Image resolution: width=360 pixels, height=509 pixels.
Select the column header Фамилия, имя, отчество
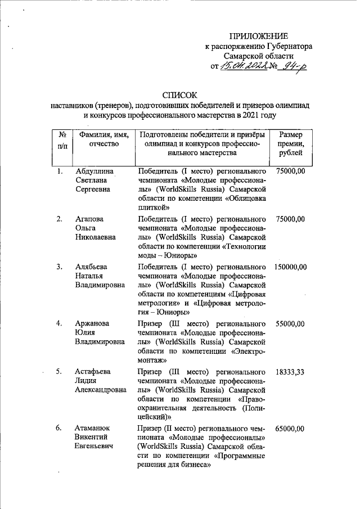pos(104,139)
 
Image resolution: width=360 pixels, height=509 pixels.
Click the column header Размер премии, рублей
pos(291,144)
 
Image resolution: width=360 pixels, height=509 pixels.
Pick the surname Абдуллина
pos(94,171)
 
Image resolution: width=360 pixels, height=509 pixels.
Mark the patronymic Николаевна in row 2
pos(96,237)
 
